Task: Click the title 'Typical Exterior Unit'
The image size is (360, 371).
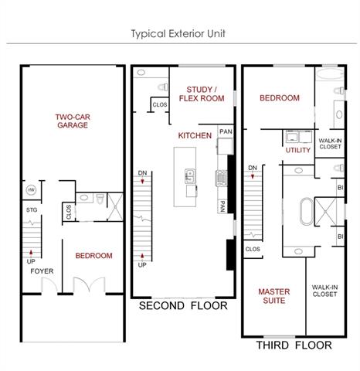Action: click(178, 34)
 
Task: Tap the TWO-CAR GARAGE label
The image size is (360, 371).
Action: click(73, 121)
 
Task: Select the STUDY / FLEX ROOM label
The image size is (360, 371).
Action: click(202, 94)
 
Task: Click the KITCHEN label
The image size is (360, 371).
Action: click(195, 135)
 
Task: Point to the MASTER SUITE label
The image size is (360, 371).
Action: click(274, 296)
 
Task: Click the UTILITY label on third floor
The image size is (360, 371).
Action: click(298, 150)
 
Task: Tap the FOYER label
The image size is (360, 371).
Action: click(42, 271)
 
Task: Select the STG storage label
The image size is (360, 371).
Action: click(32, 210)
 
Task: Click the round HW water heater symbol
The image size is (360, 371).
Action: click(31, 190)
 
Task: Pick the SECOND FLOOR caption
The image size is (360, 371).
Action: click(183, 306)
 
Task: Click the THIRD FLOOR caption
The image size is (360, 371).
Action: click(294, 345)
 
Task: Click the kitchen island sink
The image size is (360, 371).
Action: click(190, 176)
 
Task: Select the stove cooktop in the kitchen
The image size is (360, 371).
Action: click(221, 178)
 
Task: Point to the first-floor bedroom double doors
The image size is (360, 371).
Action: click(90, 284)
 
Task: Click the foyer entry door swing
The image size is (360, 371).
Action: click(49, 285)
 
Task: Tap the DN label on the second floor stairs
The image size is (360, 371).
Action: click(142, 173)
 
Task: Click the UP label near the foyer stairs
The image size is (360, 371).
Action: click(31, 261)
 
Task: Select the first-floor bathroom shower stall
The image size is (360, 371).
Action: click(115, 207)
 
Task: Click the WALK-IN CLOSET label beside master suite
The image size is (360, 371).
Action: click(324, 291)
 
